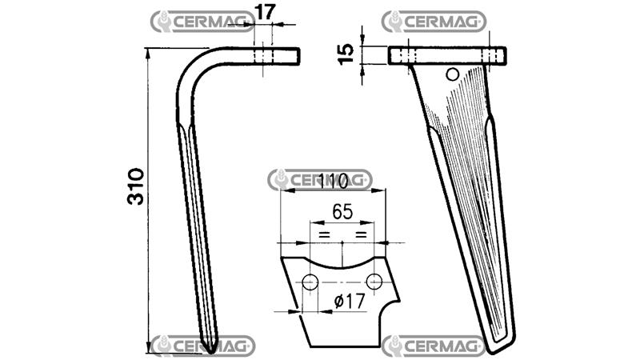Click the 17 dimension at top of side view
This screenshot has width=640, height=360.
point(265,12)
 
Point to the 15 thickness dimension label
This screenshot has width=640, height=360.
point(346,54)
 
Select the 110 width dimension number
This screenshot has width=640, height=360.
point(333,181)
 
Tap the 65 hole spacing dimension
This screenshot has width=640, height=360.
point(342,212)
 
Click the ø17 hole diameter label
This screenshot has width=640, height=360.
point(350,302)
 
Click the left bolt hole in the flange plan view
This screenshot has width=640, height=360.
point(310,282)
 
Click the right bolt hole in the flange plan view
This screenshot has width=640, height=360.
point(374,282)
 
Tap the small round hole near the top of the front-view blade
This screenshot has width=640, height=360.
point(452,74)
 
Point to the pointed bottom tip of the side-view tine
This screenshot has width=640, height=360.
point(210,353)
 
